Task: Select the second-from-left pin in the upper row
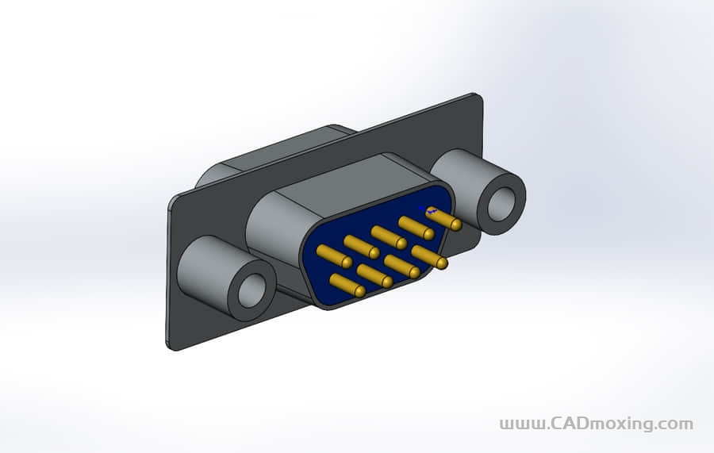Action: tap(360, 246)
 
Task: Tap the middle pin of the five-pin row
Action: tap(388, 236)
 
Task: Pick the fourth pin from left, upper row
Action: tap(416, 226)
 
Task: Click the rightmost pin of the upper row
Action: tap(444, 218)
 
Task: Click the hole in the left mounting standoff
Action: tap(254, 290)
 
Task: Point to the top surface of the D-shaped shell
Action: tap(341, 179)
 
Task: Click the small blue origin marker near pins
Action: tap(428, 211)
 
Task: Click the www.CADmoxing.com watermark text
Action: tap(596, 424)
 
